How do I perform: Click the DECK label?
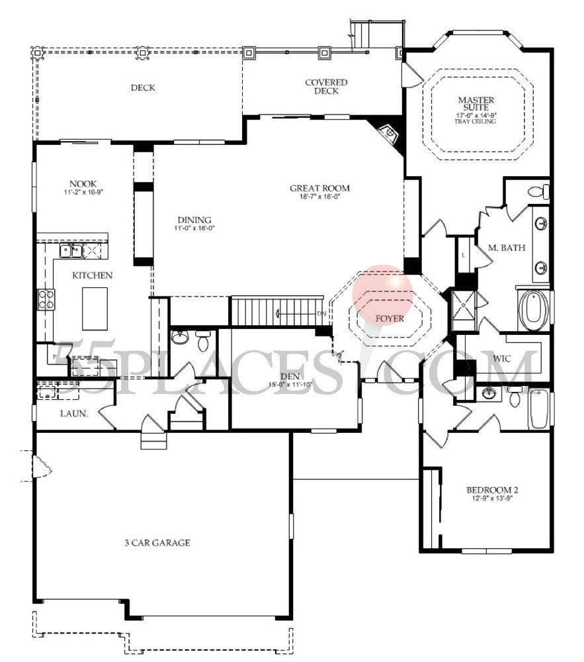click(x=143, y=87)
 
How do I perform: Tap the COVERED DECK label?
click(x=326, y=87)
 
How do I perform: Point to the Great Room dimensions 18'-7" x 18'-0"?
click(x=319, y=197)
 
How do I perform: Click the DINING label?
click(x=194, y=220)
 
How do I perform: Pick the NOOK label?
click(x=83, y=183)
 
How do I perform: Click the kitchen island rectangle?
click(x=95, y=308)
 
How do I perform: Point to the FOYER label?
click(x=390, y=318)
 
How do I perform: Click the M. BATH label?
click(x=507, y=248)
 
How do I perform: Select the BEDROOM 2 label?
click(x=492, y=491)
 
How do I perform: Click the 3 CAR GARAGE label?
click(x=157, y=543)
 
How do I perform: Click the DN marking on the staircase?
click(x=322, y=313)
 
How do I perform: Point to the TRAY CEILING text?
click(x=476, y=122)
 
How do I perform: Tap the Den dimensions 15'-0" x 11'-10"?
click(x=290, y=385)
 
